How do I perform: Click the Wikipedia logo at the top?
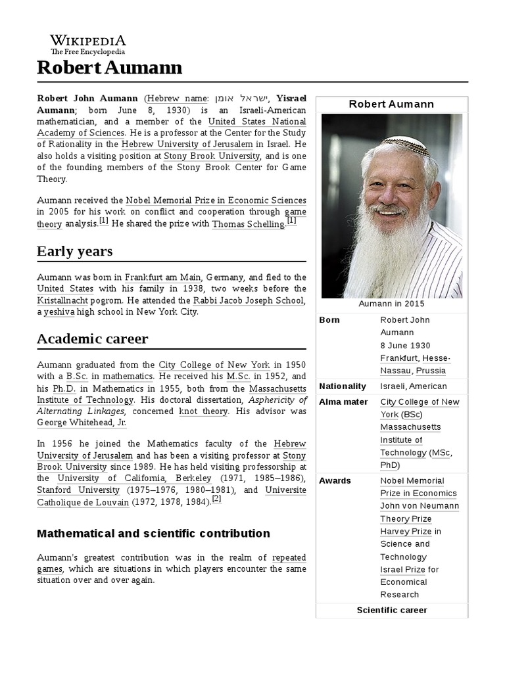point(88,44)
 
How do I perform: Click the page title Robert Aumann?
point(109,68)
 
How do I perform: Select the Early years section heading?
point(74,251)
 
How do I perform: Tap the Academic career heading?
point(92,339)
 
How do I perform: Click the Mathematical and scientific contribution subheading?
point(153,533)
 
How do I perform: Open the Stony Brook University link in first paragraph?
point(212,156)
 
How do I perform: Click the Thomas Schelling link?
point(248,224)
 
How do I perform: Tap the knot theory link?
point(204,411)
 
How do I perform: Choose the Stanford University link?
point(78,490)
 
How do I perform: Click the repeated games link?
point(289,557)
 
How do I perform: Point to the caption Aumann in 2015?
point(391,304)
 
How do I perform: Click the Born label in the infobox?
point(329,320)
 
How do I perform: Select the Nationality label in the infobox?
point(343,386)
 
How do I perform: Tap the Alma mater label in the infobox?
point(343,402)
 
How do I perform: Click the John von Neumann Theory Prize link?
point(420,513)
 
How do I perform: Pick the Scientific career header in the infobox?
point(391,611)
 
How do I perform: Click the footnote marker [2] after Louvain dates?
point(216,499)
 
